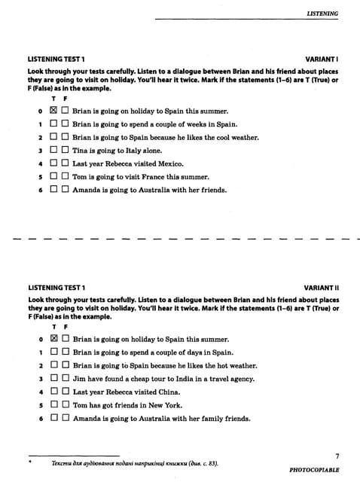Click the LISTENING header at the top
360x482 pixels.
click(x=322, y=13)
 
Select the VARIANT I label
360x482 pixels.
click(x=322, y=59)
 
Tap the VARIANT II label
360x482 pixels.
click(x=322, y=288)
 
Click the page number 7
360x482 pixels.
click(x=337, y=456)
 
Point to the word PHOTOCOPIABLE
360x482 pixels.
click(x=314, y=470)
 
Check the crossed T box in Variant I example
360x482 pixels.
click(x=53, y=111)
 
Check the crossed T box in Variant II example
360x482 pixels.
click(x=53, y=340)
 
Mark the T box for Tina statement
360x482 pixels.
click(x=53, y=151)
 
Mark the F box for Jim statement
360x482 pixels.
click(x=65, y=379)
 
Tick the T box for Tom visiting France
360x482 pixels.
click(x=53, y=176)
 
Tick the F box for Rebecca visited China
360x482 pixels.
click(x=65, y=392)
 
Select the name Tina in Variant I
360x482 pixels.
click(x=81, y=151)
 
